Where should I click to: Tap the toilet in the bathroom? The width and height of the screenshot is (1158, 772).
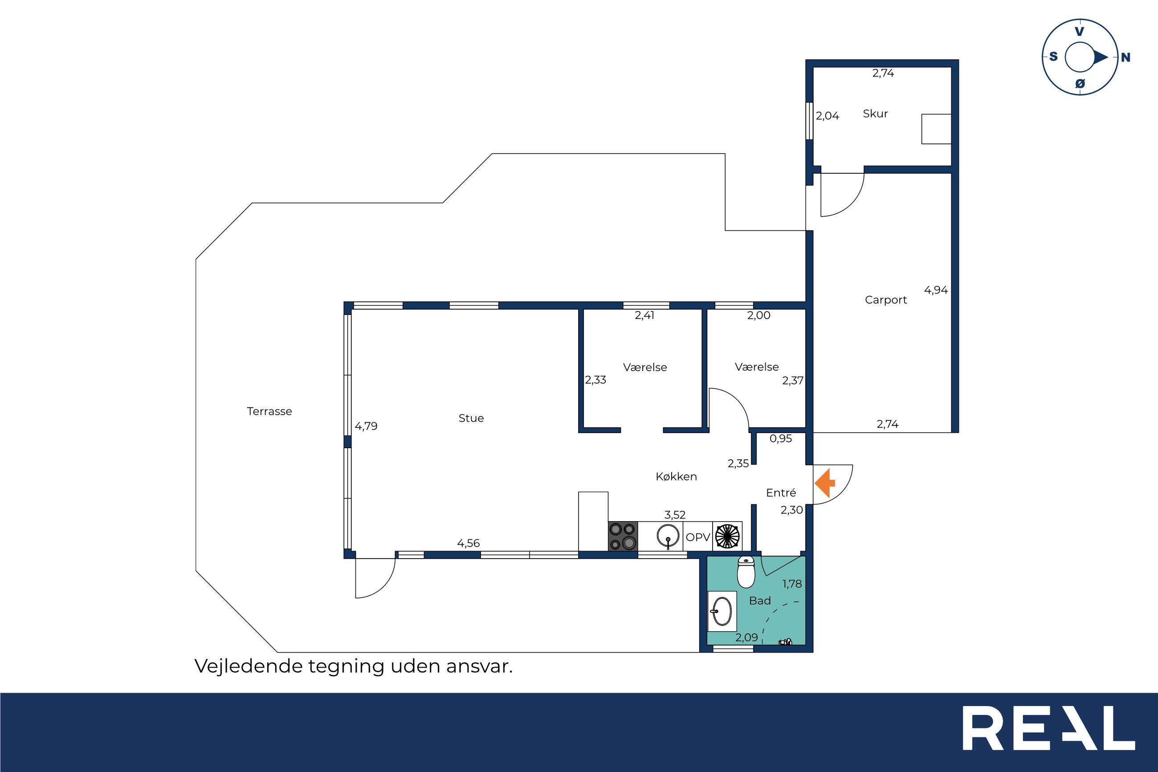tap(746, 572)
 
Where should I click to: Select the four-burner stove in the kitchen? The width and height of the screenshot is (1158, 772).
tap(623, 536)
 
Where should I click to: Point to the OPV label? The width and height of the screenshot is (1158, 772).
tap(698, 537)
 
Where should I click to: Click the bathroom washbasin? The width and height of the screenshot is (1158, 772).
tap(722, 612)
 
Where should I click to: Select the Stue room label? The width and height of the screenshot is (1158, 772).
tap(471, 418)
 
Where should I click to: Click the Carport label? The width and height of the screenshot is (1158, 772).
tap(886, 300)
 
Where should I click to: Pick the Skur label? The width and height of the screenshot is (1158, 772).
tap(876, 113)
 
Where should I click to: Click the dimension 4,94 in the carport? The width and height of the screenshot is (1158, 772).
tap(936, 290)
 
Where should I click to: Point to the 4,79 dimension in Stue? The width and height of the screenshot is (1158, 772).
tap(366, 426)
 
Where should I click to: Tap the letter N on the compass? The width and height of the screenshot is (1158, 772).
tap(1125, 57)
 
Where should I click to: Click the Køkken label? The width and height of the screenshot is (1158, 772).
tap(676, 476)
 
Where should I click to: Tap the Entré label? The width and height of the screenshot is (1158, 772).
tap(781, 492)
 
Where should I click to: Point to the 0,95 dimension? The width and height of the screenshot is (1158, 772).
tap(781, 438)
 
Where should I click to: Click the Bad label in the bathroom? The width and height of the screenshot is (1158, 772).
tap(760, 600)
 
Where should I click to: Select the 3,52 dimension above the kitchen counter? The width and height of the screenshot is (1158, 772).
tap(675, 515)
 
